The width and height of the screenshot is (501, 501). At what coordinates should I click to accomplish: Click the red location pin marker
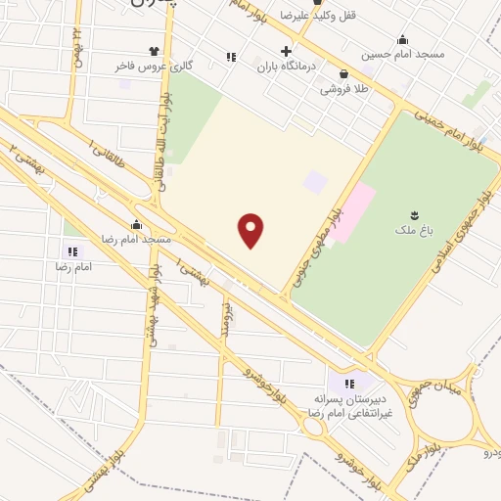pos(251,230)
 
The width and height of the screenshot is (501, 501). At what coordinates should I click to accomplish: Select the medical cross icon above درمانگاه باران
pos(286,51)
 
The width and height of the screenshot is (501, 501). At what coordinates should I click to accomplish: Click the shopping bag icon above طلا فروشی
pos(342,72)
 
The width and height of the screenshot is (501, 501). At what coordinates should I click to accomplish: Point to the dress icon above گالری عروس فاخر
pos(154,50)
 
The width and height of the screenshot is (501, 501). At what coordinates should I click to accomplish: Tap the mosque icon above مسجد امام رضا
pos(136,224)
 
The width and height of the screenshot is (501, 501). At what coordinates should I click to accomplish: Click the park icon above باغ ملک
pos(416,215)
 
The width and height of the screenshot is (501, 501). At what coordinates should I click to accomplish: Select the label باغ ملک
pos(416,233)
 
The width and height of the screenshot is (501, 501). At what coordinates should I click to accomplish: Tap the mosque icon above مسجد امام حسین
pos(402,39)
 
